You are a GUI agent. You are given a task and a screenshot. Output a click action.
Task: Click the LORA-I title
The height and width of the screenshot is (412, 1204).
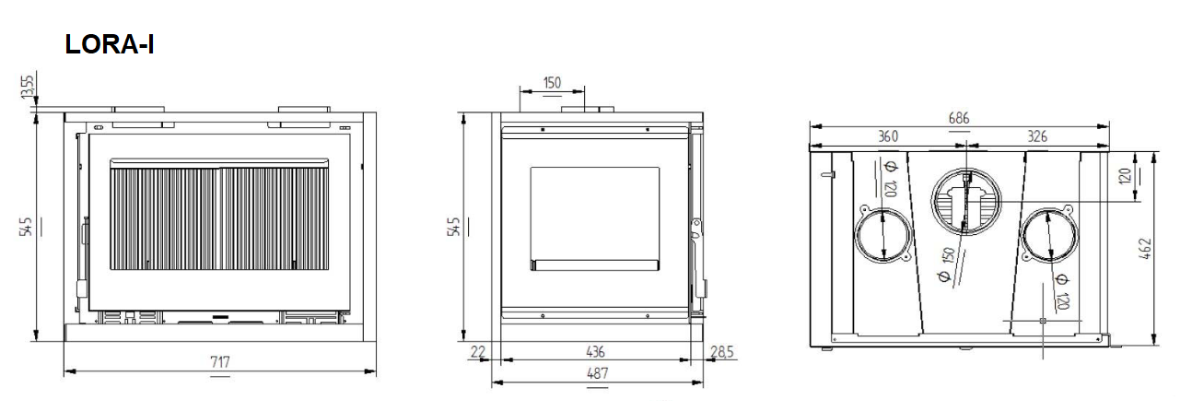click(110, 44)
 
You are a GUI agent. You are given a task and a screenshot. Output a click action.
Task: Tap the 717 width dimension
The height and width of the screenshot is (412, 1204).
click(220, 362)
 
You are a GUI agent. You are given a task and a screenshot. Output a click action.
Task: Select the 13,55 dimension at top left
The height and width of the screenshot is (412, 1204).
click(27, 87)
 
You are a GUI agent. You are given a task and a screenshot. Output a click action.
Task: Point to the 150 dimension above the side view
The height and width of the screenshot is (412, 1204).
click(552, 83)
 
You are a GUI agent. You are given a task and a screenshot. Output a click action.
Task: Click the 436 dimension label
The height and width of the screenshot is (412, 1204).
click(595, 352)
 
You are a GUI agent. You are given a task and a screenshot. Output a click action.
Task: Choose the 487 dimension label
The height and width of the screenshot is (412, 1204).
click(597, 373)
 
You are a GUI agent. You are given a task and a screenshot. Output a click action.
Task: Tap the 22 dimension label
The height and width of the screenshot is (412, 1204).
click(478, 352)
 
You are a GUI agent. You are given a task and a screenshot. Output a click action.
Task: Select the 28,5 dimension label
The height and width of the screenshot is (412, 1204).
click(721, 352)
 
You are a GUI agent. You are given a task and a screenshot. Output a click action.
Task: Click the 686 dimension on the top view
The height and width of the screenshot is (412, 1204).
click(959, 118)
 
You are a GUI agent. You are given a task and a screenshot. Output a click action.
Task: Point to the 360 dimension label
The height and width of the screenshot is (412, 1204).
click(888, 136)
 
